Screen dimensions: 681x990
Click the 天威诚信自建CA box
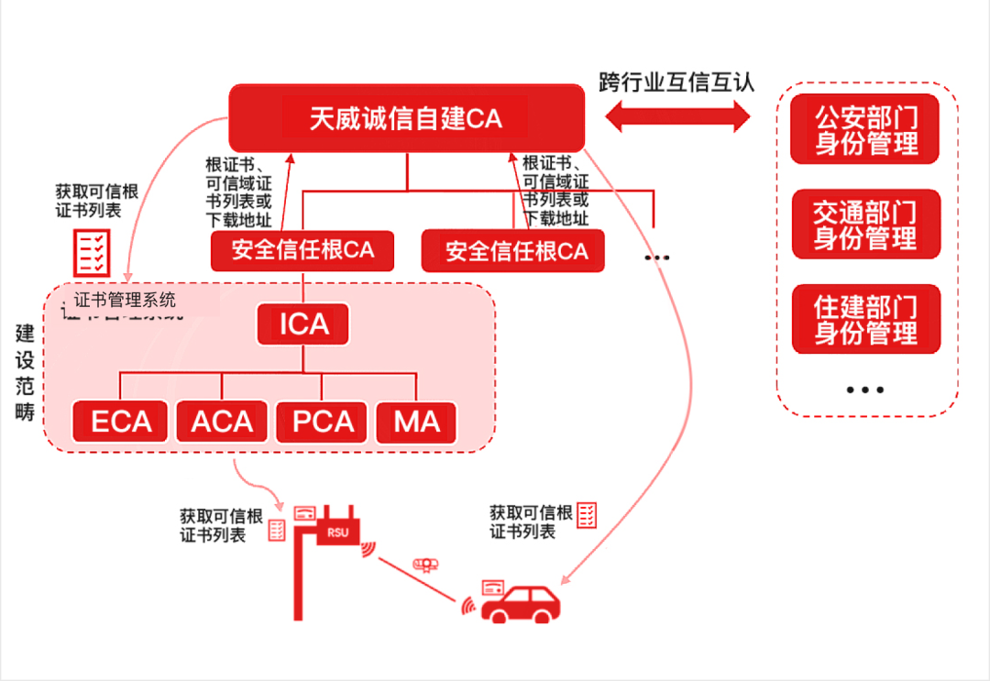coord(406,119)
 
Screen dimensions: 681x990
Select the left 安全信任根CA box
coord(302,250)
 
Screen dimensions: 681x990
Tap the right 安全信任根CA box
coord(513,250)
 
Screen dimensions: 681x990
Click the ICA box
coord(303,324)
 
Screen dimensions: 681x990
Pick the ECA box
coord(121,422)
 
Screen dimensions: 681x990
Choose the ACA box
coord(222,422)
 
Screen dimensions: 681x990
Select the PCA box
coord(323,422)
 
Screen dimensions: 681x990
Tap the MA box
coord(416,422)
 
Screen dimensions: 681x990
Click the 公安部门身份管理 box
coord(865,129)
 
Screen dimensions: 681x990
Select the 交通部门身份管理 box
coord(865,225)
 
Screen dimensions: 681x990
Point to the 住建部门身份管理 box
coord(865,319)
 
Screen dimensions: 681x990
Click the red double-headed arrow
coord(678,116)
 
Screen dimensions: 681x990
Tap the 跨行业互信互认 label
coord(676,81)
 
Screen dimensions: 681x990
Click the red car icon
coord(520,602)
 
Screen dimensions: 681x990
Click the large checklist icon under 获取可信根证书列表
coord(93,250)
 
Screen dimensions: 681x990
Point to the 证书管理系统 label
coord(125,300)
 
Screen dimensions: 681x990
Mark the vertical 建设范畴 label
coord(25,371)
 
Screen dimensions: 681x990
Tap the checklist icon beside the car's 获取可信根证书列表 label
coord(587,515)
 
